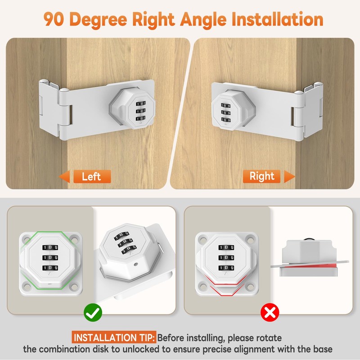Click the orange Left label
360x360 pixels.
91,176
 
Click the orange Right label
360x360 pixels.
262,176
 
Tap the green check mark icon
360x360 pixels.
93,311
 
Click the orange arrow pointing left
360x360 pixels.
66,176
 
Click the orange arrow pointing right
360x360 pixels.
289,176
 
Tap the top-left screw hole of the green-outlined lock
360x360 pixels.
26,236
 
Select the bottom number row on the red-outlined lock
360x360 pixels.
226,268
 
